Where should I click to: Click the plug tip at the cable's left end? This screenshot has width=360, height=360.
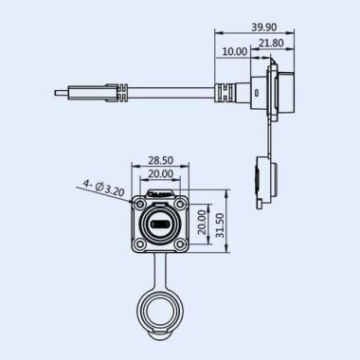tap(60, 93)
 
